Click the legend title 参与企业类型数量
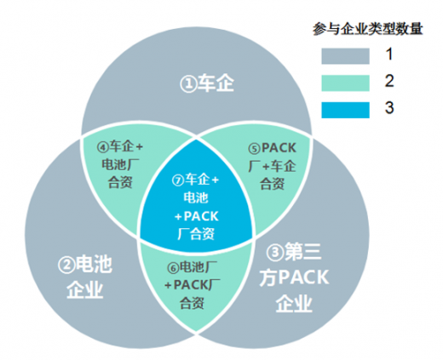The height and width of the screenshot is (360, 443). [368, 29]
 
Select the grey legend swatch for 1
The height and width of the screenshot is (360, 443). [345, 56]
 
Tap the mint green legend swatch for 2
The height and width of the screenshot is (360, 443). [345, 83]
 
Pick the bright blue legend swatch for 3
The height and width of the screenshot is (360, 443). [345, 110]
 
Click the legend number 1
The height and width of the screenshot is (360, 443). [389, 54]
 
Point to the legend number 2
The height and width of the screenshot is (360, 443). [389, 81]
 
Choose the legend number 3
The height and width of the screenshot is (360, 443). [389, 107]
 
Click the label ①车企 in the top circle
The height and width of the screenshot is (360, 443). [207, 83]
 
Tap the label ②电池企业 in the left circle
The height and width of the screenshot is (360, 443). [85, 277]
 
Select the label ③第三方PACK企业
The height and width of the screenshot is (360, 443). [294, 277]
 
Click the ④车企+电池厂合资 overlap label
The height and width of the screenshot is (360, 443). [120, 164]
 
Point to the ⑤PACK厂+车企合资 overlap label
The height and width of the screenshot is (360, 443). [272, 165]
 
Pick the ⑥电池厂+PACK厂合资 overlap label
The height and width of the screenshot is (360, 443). [193, 285]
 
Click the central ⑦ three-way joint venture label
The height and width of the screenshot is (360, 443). [196, 206]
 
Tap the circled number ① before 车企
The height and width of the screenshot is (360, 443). [188, 84]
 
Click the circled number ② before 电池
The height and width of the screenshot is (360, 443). [66, 266]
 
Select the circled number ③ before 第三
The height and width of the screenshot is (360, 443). [275, 252]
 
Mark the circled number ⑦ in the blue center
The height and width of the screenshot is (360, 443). [178, 180]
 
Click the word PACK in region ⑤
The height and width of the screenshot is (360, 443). [279, 148]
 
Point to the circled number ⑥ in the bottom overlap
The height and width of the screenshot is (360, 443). [173, 268]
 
